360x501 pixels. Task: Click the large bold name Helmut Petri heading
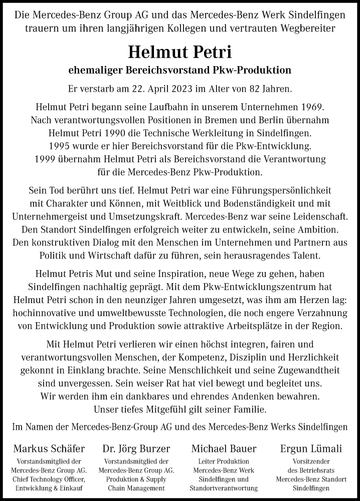179,52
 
